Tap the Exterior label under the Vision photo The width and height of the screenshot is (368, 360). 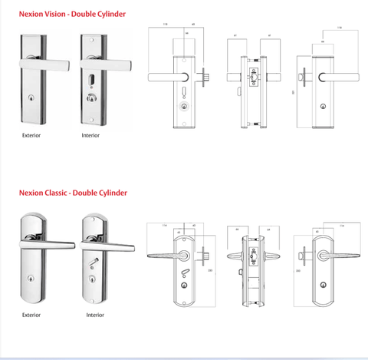coord(31,136)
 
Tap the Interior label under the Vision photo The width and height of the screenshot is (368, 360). coord(91,136)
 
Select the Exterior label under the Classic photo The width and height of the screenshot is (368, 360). coord(31,315)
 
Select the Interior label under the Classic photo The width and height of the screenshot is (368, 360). coord(95,315)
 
